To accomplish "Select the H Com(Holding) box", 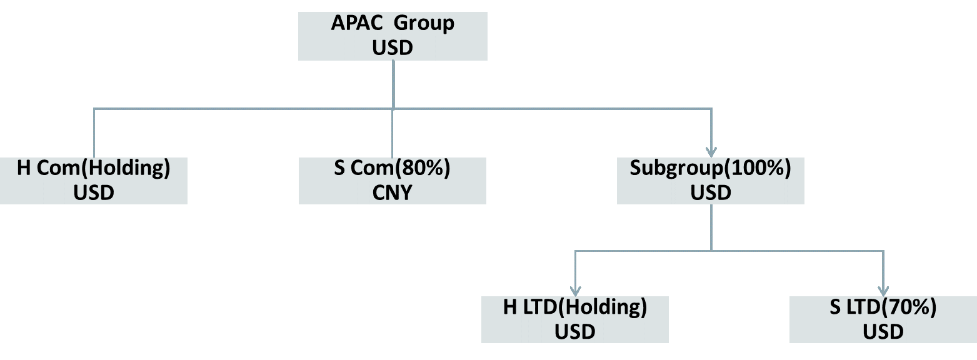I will [94, 181].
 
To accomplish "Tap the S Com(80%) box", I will [393, 181].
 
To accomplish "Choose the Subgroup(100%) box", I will [710, 181].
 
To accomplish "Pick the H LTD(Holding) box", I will [574, 319].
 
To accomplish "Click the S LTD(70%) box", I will [883, 319].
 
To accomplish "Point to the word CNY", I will [393, 192].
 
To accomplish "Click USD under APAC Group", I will [393, 48].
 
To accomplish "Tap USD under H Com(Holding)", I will [94, 192].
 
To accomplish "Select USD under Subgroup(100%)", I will [710, 192].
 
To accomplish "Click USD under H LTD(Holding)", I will [574, 331].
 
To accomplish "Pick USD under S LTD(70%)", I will [883, 331].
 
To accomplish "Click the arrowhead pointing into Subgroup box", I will [711, 151].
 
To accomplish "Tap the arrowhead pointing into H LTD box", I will [575, 291].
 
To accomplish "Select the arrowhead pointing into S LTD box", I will [883, 291].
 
